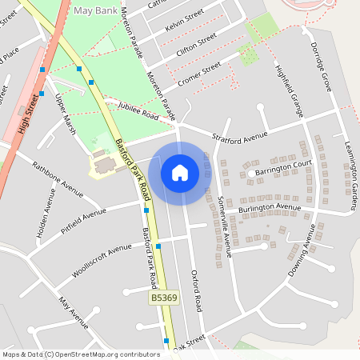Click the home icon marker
tap(180, 173)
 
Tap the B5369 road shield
tap(164, 298)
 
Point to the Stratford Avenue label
tap(239, 134)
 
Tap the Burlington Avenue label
tap(270, 210)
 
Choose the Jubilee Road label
tap(138, 111)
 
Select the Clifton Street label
tap(196, 45)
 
